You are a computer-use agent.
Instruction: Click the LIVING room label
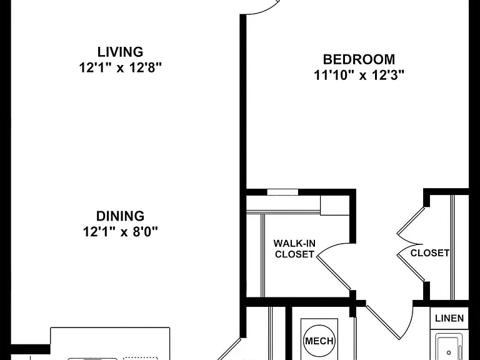120,52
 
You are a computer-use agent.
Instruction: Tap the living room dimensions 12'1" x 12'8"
120,67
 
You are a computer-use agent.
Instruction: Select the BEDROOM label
359,59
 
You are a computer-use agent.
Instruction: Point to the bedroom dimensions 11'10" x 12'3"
359,75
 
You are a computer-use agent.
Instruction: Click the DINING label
120,216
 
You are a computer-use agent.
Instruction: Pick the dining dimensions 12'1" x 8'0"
120,231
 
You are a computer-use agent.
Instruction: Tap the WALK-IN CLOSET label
294,249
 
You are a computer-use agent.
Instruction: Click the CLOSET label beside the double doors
430,253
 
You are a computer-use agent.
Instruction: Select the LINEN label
449,318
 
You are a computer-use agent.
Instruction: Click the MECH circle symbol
319,341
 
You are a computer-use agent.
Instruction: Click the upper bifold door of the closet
410,226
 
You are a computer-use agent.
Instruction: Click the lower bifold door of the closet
410,263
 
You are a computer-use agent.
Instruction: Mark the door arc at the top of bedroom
263,9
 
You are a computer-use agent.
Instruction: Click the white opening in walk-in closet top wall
282,192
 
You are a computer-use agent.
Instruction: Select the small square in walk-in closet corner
335,205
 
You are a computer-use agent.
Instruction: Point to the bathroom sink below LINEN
449,348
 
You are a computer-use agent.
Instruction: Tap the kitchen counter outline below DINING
110,344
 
